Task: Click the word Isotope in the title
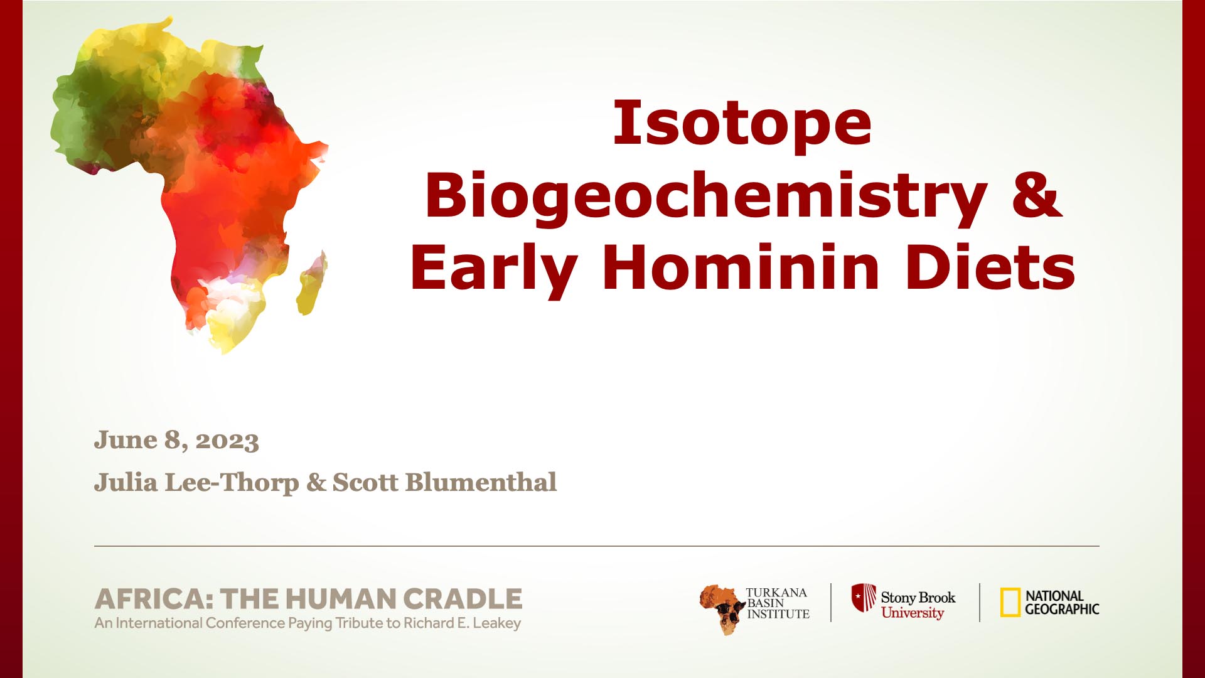pyautogui.click(x=742, y=123)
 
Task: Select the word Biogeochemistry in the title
pyautogui.click(x=706, y=195)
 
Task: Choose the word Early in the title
pyautogui.click(x=493, y=271)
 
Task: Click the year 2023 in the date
pyautogui.click(x=227, y=441)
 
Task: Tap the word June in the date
pyautogui.click(x=126, y=439)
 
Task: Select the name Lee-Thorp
pyautogui.click(x=232, y=483)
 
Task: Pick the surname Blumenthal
pyautogui.click(x=481, y=482)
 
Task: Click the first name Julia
pyautogui.click(x=126, y=482)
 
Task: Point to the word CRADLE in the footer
pyautogui.click(x=462, y=599)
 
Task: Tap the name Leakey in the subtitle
pyautogui.click(x=497, y=623)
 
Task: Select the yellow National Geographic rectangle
pyautogui.click(x=1010, y=603)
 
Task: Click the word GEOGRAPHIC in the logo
pyautogui.click(x=1062, y=609)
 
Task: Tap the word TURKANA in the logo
pyautogui.click(x=776, y=593)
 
